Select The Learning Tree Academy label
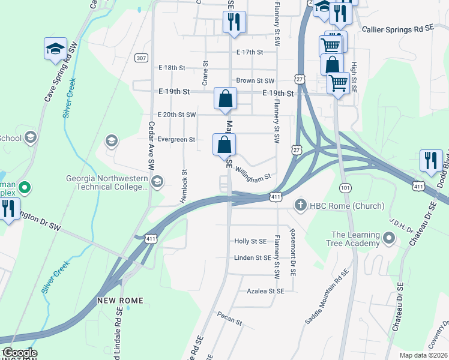click(x=355, y=239)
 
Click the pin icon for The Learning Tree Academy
click(x=389, y=239)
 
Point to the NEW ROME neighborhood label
click(x=121, y=300)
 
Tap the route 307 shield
click(x=141, y=58)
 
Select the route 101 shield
click(x=344, y=187)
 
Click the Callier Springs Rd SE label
click(x=397, y=29)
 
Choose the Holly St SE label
click(x=250, y=241)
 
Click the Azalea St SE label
click(x=265, y=290)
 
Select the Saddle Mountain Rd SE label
click(x=327, y=296)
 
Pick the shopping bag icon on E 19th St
click(x=226, y=98)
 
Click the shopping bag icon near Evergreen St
click(x=224, y=145)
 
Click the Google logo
click(x=20, y=353)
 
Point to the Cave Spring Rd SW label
click(x=59, y=74)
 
